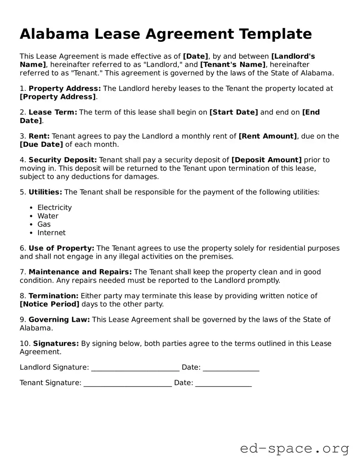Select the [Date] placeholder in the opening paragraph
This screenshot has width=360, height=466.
(195, 56)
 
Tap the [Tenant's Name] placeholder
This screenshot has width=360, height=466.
(233, 64)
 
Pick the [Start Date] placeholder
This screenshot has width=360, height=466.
(234, 112)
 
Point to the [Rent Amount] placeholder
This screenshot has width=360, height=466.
(267, 136)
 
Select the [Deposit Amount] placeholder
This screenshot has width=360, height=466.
(266, 160)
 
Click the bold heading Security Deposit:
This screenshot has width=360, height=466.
(63, 160)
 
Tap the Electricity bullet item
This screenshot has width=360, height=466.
(55, 207)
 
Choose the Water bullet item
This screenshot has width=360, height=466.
(48, 216)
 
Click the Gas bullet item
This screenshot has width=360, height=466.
(44, 224)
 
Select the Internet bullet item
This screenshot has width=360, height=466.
(52, 233)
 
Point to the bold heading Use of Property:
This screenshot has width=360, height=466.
(61, 248)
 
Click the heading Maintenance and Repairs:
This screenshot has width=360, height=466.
(80, 272)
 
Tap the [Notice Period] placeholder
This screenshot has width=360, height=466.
(49, 304)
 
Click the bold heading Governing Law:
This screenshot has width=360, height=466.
(59, 320)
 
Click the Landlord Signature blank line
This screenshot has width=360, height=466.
(135, 368)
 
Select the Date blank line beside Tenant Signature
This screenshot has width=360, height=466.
(223, 383)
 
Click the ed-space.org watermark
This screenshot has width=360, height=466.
(294, 449)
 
